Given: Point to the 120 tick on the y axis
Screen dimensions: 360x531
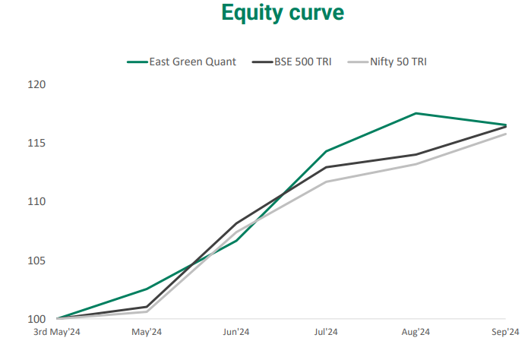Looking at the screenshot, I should [36, 84].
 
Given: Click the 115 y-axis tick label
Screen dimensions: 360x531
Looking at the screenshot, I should [36, 143].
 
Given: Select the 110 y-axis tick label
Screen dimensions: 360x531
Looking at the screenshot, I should [36, 201].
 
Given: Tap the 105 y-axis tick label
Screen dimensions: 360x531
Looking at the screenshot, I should [36, 261].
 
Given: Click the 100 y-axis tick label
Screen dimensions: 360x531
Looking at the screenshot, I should [36, 319].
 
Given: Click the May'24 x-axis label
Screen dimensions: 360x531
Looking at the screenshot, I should [147, 332].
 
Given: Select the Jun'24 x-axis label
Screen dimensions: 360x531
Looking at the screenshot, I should [236, 332].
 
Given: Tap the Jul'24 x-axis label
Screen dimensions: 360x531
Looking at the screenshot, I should [326, 332].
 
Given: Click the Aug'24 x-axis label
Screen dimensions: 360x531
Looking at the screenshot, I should [416, 332].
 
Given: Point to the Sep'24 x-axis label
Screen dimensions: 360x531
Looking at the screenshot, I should [504, 332].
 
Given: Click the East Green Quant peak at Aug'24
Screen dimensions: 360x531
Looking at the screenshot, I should [416, 113].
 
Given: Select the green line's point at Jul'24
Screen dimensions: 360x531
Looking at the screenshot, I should [326, 151].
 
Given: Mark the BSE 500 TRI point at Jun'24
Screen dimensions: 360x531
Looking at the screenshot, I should [236, 223].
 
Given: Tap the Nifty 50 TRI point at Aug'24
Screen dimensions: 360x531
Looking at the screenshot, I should [416, 164].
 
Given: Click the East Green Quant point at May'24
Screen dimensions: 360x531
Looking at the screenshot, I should [147, 289].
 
